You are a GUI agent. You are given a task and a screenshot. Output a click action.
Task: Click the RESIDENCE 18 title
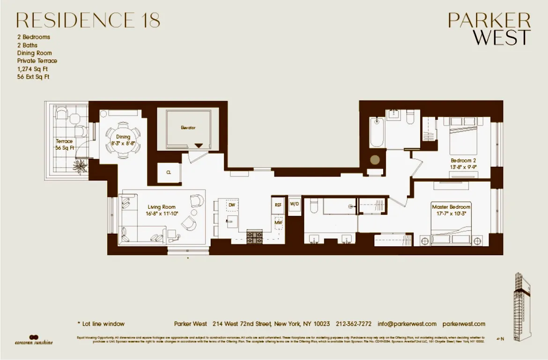(88, 20)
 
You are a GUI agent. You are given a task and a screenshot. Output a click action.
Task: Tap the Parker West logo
(489, 29)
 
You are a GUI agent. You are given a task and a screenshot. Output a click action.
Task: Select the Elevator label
(188, 127)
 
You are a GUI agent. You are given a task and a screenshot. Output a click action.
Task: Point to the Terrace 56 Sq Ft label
(64, 144)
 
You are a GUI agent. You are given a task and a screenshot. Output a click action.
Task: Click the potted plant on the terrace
(80, 165)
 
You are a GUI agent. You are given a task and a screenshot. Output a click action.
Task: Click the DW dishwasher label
(231, 205)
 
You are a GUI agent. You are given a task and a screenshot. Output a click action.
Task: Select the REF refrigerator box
(278, 205)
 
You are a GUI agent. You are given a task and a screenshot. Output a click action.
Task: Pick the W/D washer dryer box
(294, 204)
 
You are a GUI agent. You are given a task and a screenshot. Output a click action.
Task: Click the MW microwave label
(278, 223)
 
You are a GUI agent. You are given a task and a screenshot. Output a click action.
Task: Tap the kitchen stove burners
(255, 237)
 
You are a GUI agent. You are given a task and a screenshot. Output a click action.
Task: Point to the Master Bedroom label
(451, 210)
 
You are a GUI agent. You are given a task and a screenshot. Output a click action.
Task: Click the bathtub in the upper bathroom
(377, 132)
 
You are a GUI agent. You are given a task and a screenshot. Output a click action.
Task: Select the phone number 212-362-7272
(354, 324)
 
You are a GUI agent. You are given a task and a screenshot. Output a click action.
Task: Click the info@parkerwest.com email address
(407, 324)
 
